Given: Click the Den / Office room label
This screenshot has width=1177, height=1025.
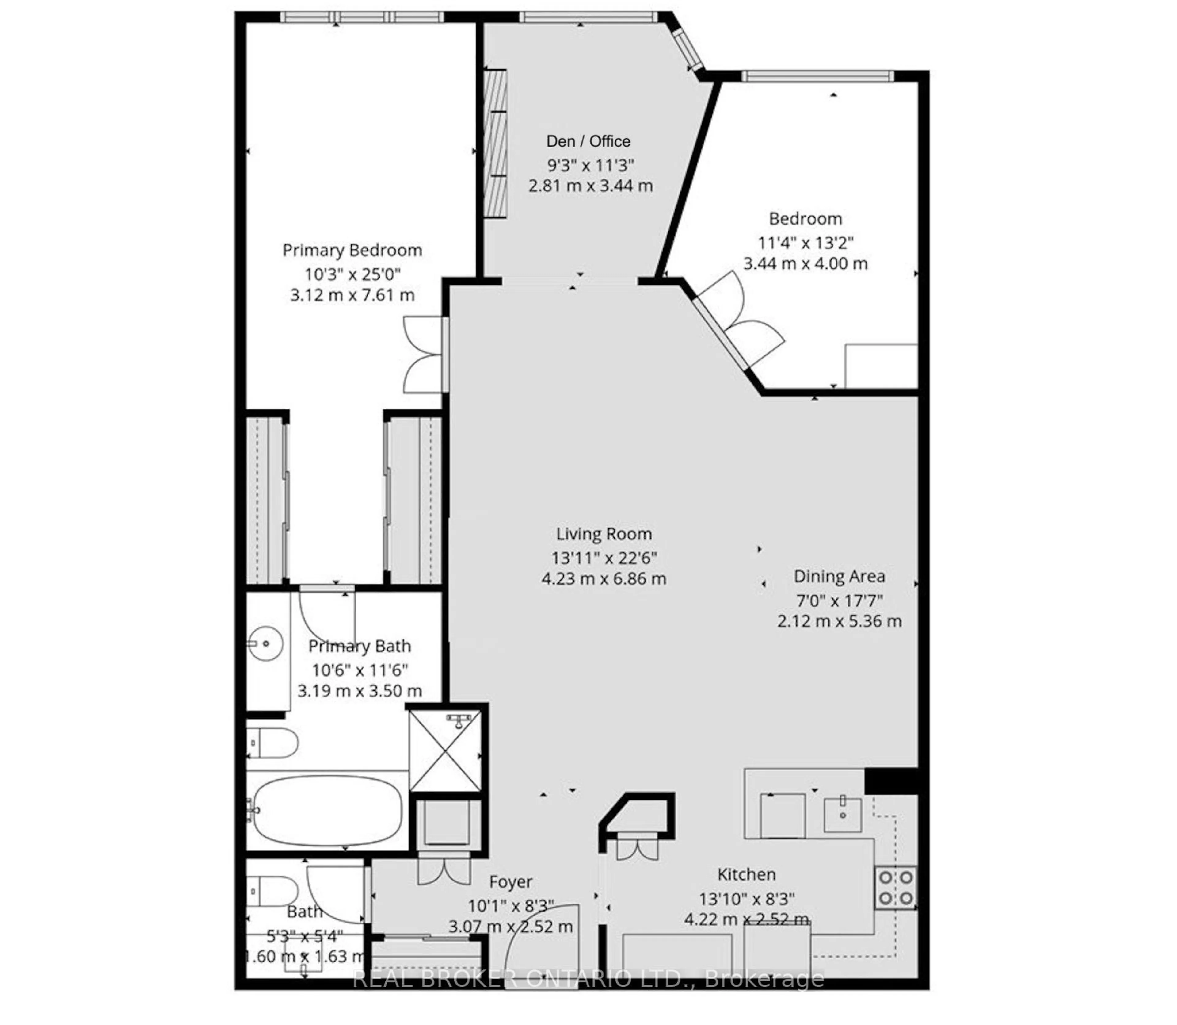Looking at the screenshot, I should [588, 141].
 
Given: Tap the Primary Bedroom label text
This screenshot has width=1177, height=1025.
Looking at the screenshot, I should [352, 251].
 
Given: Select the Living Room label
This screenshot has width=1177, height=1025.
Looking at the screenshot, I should [604, 534].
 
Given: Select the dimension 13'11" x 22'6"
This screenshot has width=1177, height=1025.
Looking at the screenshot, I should [604, 558].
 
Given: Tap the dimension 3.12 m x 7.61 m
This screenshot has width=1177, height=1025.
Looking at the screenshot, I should [352, 295].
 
